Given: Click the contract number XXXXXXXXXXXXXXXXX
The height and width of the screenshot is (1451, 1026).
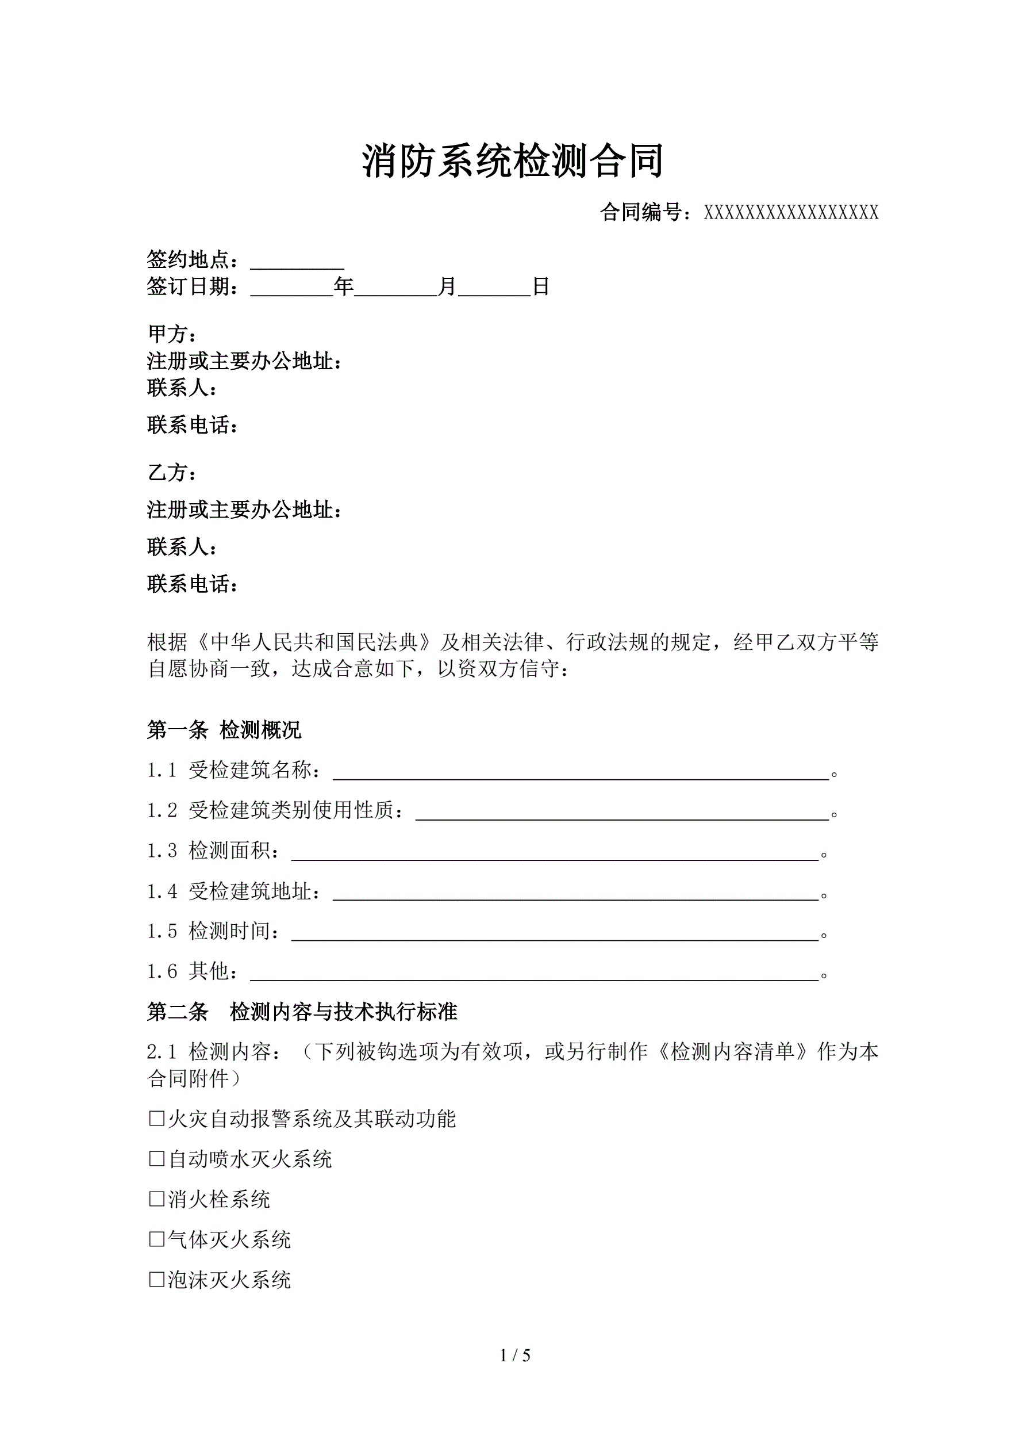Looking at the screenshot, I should click(x=791, y=213).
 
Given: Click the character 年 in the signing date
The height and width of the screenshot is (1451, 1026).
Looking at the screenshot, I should click(x=344, y=287).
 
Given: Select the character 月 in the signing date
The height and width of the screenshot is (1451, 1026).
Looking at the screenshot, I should click(x=447, y=287).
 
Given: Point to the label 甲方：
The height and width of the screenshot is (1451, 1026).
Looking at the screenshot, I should click(x=172, y=333).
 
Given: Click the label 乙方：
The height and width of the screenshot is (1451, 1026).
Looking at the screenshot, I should click(x=172, y=473).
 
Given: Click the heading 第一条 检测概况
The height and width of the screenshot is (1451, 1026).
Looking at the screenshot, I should click(x=224, y=730).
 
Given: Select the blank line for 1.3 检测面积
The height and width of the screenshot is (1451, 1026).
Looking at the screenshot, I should click(x=554, y=852).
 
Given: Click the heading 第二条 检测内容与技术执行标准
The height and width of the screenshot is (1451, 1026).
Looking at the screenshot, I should click(x=302, y=1012).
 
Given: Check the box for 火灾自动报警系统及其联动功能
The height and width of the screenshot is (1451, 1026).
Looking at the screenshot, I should click(x=156, y=1119).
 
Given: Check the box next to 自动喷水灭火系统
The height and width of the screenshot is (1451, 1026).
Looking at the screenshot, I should click(x=156, y=1159).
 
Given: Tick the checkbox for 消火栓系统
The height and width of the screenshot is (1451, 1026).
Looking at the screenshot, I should click(x=156, y=1200).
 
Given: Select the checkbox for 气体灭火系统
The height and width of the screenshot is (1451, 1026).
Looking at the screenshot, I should click(x=156, y=1240).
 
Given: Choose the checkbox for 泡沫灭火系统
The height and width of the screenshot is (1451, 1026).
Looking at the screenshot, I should click(x=156, y=1280).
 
